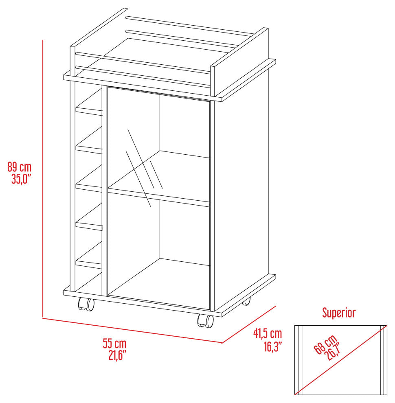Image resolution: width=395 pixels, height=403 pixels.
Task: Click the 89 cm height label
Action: coord(20,167)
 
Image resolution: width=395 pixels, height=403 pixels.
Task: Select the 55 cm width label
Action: coord(114,344)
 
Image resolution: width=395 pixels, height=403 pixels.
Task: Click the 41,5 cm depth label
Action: coord(268,334)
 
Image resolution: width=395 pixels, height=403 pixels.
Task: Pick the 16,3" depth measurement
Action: coord(273,346)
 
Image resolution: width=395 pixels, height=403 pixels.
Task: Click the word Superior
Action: coord(339,313)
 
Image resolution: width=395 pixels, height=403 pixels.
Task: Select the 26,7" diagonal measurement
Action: coord(332,352)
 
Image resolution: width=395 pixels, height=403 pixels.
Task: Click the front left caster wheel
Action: coord(86,304)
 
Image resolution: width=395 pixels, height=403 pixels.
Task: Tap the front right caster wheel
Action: coord(206,321)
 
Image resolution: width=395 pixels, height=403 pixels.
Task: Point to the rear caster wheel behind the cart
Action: coord(246,302)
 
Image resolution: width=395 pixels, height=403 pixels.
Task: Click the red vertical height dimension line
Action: coord(43,179)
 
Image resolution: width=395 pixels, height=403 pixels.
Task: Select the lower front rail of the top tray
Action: coord(143,76)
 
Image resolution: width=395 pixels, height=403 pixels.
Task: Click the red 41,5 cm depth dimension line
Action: coord(249,324)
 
